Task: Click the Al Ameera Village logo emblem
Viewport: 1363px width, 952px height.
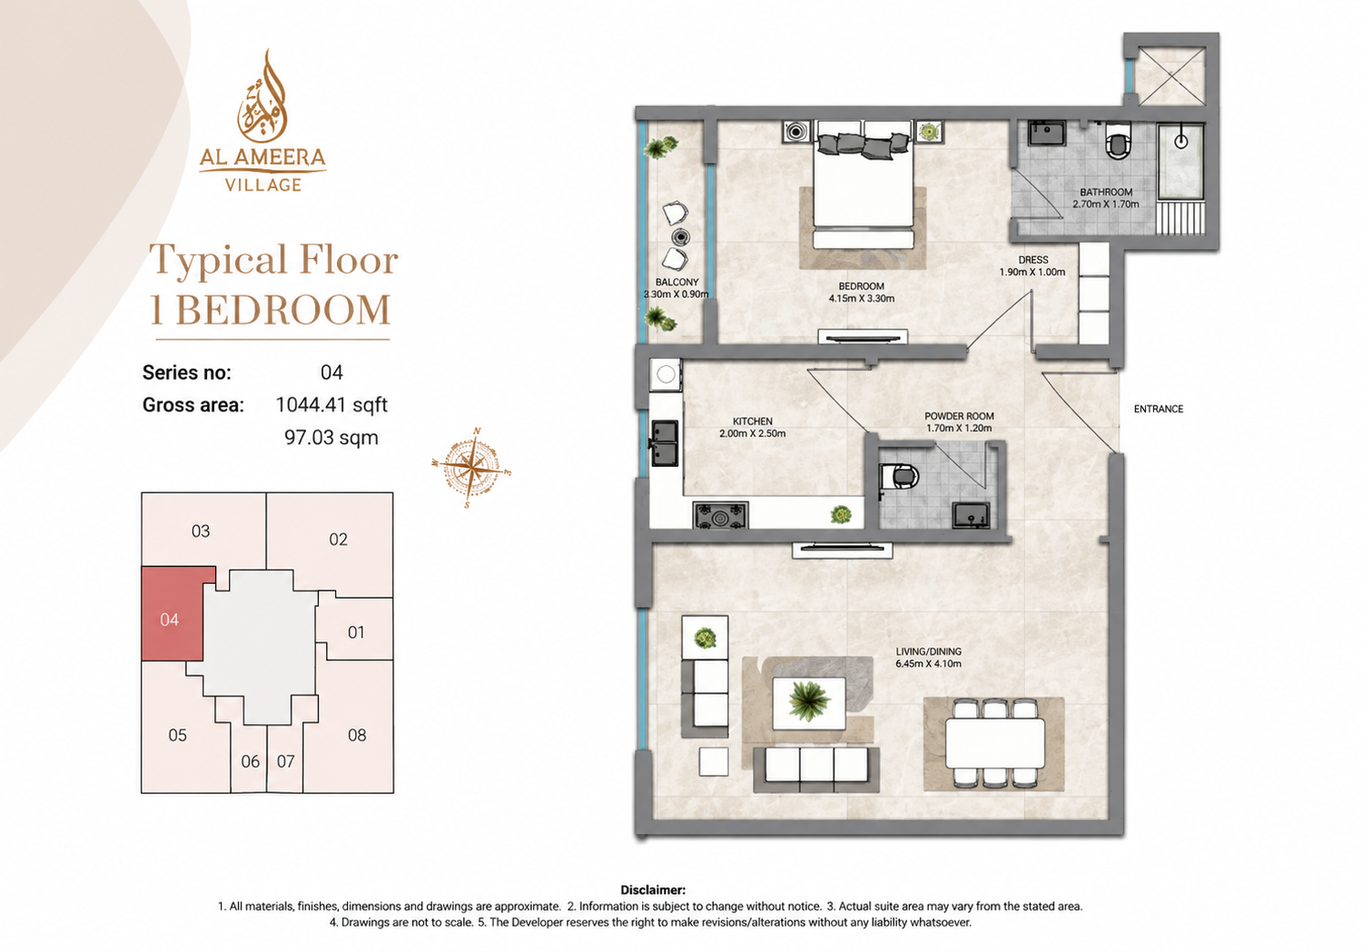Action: (262, 96)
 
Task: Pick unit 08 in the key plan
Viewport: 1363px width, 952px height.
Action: (357, 735)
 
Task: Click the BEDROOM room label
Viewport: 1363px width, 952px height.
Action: (861, 286)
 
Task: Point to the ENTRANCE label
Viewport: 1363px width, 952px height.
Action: (1159, 409)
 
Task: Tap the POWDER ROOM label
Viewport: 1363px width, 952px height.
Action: (959, 416)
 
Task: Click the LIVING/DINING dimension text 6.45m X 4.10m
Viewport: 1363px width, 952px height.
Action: (929, 663)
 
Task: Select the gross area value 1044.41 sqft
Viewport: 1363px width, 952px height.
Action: (331, 405)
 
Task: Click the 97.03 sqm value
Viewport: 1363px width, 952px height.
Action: (331, 438)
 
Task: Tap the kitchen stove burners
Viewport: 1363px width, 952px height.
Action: (720, 515)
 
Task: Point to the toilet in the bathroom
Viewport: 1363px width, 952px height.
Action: (1119, 141)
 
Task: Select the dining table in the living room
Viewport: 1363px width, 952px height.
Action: (994, 744)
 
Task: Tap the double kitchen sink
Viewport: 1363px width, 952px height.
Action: (665, 443)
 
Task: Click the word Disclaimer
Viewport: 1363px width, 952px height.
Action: (653, 890)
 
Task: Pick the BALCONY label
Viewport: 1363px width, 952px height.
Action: (677, 283)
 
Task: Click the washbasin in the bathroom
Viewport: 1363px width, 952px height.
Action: (1047, 134)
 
